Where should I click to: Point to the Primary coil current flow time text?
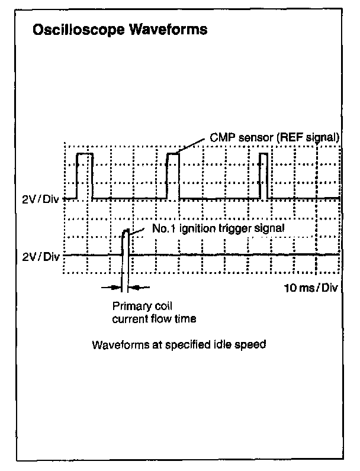[154, 312]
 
